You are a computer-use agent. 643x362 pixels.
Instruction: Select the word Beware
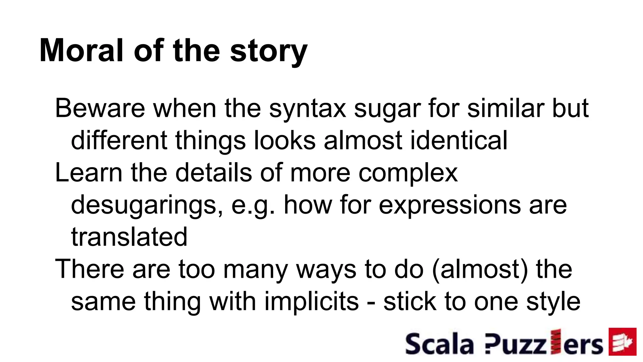(x=100, y=108)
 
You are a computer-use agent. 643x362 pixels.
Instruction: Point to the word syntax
(x=307, y=109)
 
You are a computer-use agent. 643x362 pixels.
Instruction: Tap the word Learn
(x=89, y=173)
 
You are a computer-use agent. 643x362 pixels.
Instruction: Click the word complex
(x=408, y=174)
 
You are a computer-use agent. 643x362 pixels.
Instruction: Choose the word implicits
(x=311, y=302)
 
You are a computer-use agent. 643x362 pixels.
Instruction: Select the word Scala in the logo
(x=439, y=344)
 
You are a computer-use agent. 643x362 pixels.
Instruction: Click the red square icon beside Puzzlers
(x=622, y=342)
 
